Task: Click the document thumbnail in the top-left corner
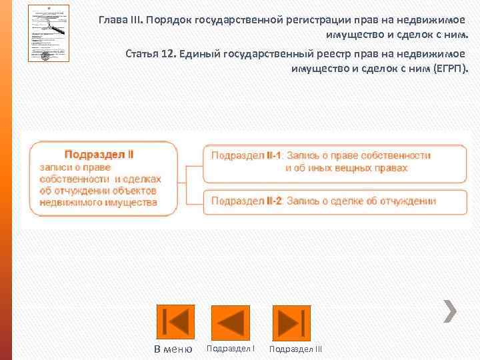pyautogui.click(x=49, y=33)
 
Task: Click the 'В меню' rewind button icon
pyautogui.click(x=175, y=323)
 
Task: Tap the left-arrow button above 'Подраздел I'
pyautogui.click(x=230, y=323)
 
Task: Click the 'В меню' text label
pyautogui.click(x=173, y=349)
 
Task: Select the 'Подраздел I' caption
pyautogui.click(x=231, y=348)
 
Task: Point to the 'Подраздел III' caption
pyautogui.click(x=295, y=349)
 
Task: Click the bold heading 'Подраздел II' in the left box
pyautogui.click(x=99, y=154)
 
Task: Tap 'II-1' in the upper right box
pyautogui.click(x=274, y=155)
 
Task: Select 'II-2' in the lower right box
pyautogui.click(x=274, y=201)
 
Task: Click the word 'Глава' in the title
pyautogui.click(x=113, y=19)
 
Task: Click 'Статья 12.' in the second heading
pyautogui.click(x=151, y=53)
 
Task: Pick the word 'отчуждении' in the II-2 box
pyautogui.click(x=407, y=201)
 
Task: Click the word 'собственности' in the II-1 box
pyautogui.click(x=395, y=155)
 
